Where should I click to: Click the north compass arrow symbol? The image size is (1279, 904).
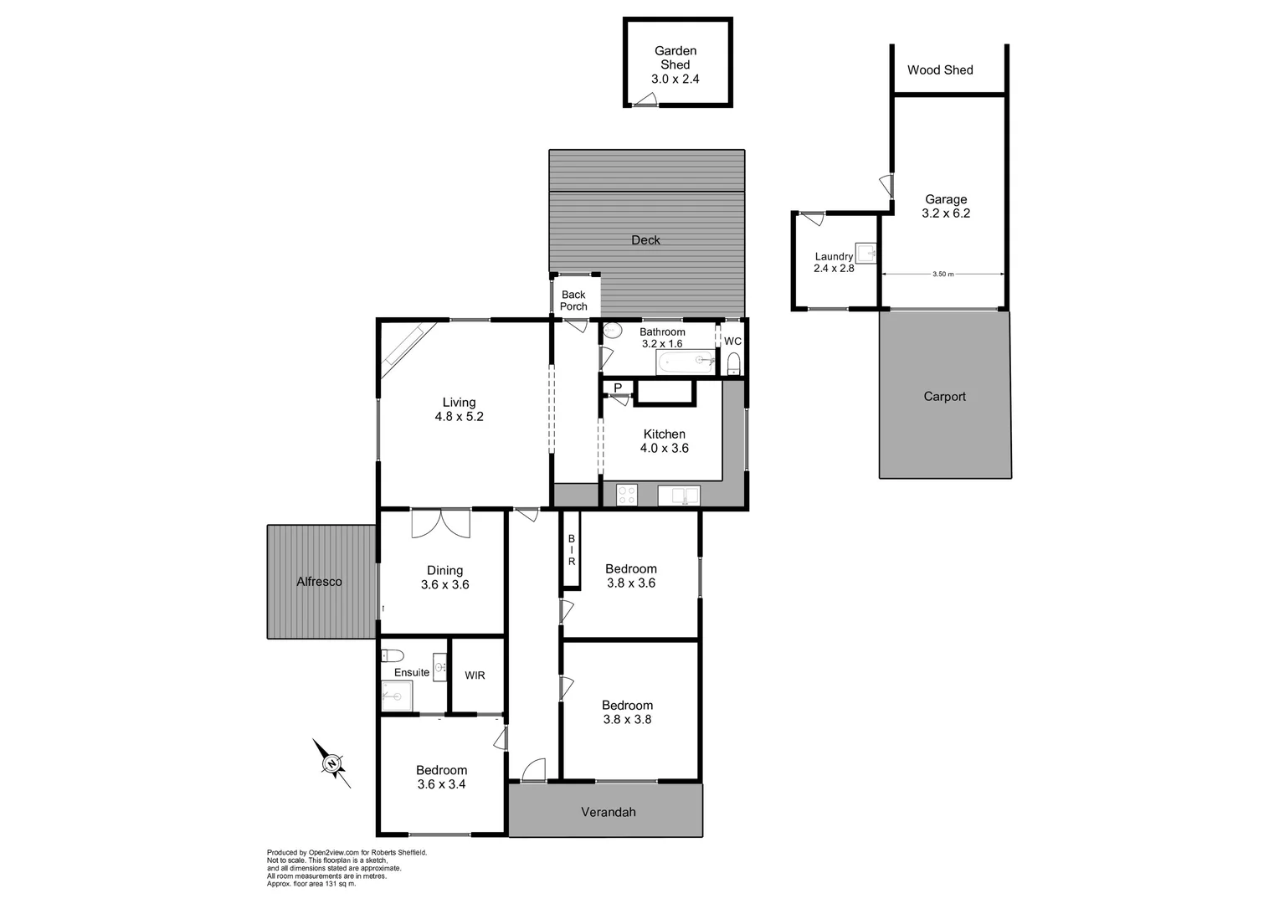[x=331, y=763]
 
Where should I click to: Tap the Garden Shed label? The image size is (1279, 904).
[x=675, y=58]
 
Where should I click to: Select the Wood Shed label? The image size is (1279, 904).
[x=940, y=70]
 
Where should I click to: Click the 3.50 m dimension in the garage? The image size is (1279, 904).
[x=943, y=274]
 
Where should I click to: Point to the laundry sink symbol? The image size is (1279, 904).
[x=866, y=252]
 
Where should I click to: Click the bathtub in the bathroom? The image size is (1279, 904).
[x=686, y=362]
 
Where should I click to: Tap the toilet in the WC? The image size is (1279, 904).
[x=733, y=363]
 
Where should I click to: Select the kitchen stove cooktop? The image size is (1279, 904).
[x=626, y=495]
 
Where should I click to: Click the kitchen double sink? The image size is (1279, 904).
[x=678, y=496]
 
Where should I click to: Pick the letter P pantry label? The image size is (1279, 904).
[x=618, y=388]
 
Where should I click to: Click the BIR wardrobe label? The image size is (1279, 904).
[x=572, y=550]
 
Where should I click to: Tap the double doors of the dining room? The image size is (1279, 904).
[x=440, y=523]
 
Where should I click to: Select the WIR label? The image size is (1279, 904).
[x=475, y=675]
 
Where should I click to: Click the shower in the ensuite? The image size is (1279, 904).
[x=397, y=695]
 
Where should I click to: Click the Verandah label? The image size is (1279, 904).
[x=609, y=812]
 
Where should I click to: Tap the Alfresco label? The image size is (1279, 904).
[x=319, y=582]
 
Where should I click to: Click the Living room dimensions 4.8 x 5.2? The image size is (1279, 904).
[x=459, y=416]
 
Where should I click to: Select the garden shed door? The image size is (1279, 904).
[x=645, y=101]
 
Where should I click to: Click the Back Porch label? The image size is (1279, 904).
[x=573, y=300]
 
